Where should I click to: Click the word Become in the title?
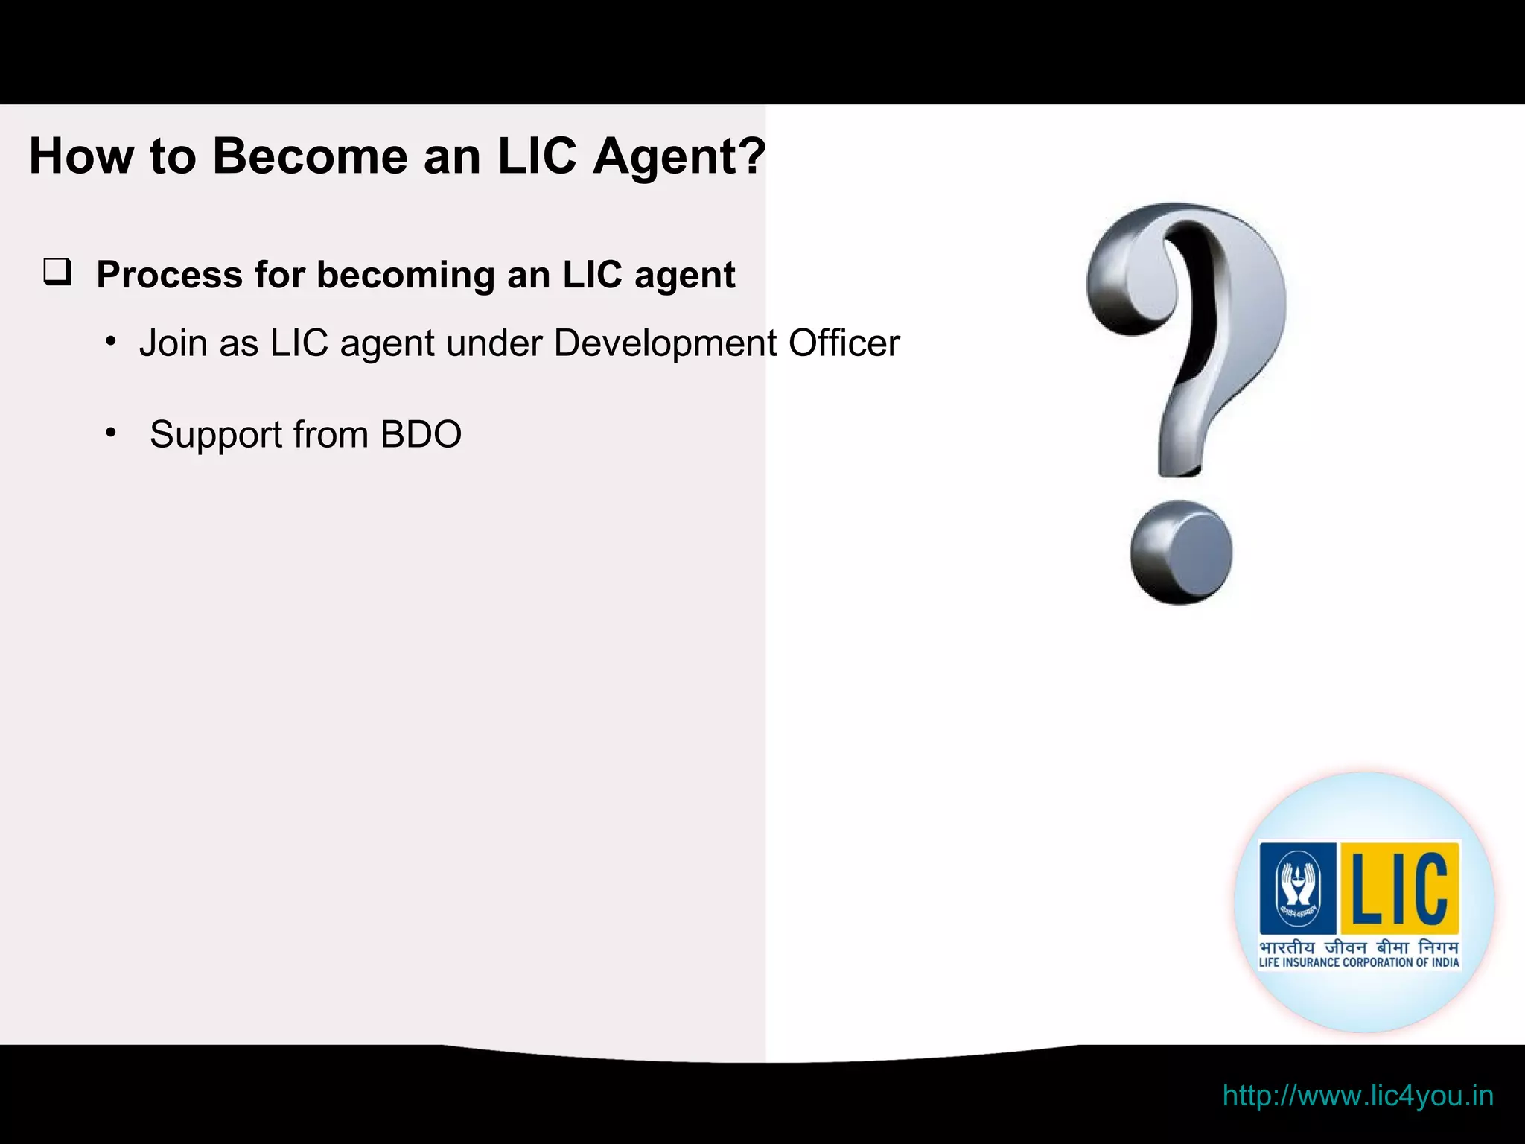coord(309,156)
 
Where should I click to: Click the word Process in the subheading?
coord(170,275)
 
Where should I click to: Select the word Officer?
coord(844,343)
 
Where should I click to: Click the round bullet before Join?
coord(111,342)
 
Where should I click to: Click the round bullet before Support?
coord(111,433)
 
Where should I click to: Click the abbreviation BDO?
coord(421,434)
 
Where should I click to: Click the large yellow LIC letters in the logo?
coord(1398,888)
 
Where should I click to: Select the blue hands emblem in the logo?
coord(1298,888)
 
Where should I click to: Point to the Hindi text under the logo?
coord(1358,947)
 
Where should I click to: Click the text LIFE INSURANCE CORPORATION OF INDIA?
coord(1358,962)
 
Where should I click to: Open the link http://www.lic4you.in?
coord(1357,1096)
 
